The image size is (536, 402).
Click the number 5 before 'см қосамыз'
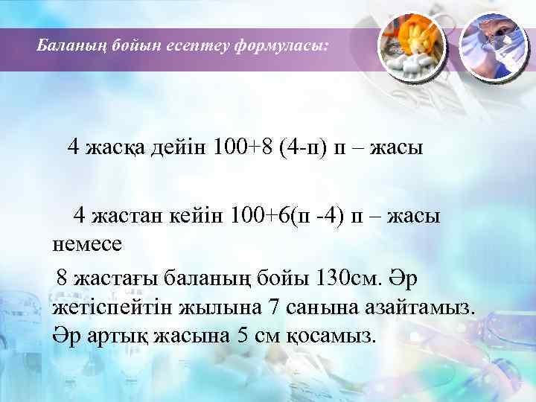point(241,334)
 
